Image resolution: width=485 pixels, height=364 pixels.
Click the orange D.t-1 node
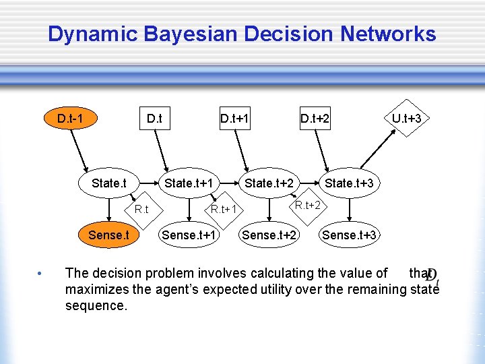point(71,119)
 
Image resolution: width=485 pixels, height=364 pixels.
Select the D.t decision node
point(154,119)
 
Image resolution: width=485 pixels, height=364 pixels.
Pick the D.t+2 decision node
point(315,119)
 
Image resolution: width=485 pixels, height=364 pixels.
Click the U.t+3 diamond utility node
point(407,119)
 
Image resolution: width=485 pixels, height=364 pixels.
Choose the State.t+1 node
point(189,183)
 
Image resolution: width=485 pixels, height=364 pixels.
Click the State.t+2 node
point(269,183)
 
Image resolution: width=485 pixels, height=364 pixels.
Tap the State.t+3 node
point(349,183)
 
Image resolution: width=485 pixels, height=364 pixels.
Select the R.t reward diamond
point(141,209)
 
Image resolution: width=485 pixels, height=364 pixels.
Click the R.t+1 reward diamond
point(224,209)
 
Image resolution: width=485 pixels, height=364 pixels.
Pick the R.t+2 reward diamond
point(308,204)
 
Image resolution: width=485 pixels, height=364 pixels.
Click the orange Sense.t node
point(108,235)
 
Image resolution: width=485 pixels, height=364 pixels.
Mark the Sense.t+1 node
point(189,235)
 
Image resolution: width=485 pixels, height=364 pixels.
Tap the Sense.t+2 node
point(269,235)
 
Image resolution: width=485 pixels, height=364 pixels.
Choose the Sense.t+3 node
point(349,235)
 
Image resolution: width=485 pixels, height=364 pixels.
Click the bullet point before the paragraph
point(40,274)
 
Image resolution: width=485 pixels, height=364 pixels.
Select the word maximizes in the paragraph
point(96,290)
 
